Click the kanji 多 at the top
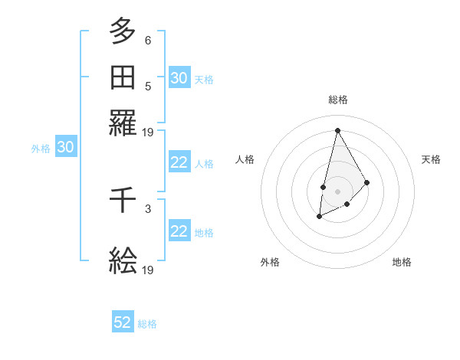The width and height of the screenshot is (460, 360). pyautogui.click(x=123, y=31)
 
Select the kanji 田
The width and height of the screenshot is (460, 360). pyautogui.click(x=123, y=77)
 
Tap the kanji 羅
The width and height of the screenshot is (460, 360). pyautogui.click(x=123, y=123)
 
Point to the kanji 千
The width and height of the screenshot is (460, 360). pyautogui.click(x=123, y=201)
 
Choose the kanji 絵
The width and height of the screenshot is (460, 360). pyautogui.click(x=123, y=261)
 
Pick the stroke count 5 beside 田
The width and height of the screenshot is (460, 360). pyautogui.click(x=148, y=86)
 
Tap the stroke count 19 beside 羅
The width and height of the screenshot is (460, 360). pyautogui.click(x=148, y=132)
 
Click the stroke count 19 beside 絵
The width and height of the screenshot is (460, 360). pyautogui.click(x=148, y=270)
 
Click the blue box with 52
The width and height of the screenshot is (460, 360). pyautogui.click(x=123, y=322)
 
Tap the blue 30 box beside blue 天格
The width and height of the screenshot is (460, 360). pyautogui.click(x=179, y=78)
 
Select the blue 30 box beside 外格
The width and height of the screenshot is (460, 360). pyautogui.click(x=66, y=148)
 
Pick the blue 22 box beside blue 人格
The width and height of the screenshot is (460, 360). pyautogui.click(x=179, y=162)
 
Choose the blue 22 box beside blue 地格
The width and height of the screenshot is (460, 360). pyautogui.click(x=179, y=231)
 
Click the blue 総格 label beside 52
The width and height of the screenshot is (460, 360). pyautogui.click(x=147, y=324)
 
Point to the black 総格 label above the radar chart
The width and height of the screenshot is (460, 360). pyautogui.click(x=338, y=100)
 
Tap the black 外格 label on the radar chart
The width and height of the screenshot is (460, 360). pyautogui.click(x=270, y=262)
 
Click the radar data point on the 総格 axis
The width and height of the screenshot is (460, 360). pyautogui.click(x=337, y=129)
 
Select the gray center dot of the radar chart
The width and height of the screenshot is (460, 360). pyautogui.click(x=337, y=190)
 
